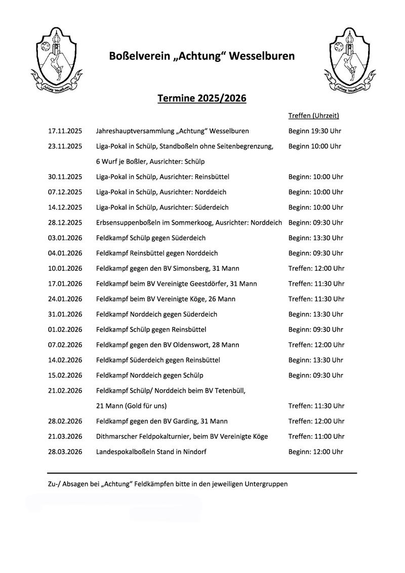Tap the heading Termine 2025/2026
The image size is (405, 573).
coord(201,98)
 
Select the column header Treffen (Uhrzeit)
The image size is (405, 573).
coord(313,116)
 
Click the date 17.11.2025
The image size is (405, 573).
coord(65,131)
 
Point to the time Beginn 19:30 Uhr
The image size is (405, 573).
coord(314,131)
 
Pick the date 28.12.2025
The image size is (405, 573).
coord(65,223)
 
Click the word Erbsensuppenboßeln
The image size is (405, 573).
coord(127,223)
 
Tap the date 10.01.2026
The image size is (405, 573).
coord(65,268)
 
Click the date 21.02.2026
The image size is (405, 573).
coord(65,391)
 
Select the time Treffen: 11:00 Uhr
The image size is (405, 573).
coord(316,436)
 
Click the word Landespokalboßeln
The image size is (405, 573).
coord(125,452)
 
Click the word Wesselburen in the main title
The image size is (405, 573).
coord(262,56)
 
